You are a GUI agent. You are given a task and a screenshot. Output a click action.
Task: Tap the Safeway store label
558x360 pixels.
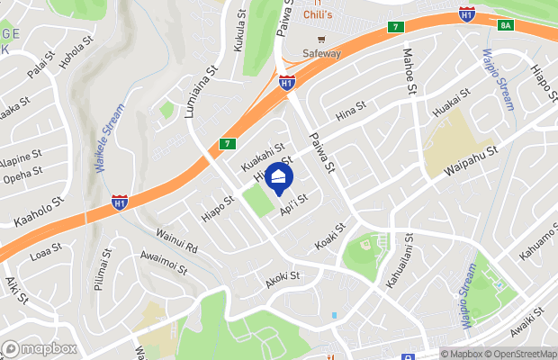coord(321,53)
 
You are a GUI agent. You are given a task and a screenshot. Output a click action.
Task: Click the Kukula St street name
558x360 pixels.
coord(239,29)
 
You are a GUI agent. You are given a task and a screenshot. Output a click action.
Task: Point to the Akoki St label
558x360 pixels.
coord(282,280)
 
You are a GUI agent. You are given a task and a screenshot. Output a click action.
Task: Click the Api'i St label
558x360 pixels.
coord(294,203)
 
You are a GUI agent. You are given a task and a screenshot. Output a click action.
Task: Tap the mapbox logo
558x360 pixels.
coord(40,348)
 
